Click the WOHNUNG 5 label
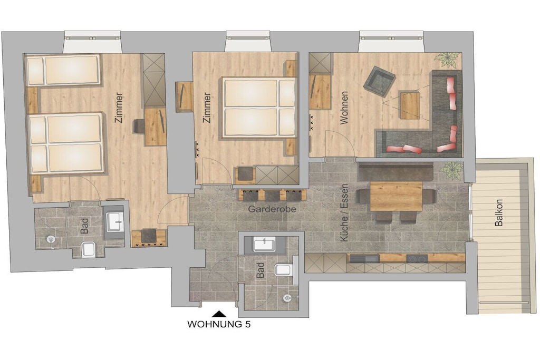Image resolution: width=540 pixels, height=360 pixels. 219,324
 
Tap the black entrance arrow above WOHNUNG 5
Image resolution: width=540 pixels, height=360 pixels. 218,314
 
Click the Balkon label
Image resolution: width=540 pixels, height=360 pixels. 499,212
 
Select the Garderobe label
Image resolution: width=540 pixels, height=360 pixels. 272,209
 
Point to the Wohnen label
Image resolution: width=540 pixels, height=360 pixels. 344,108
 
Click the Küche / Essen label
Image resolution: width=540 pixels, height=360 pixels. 344,212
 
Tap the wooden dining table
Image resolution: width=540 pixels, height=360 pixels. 396,196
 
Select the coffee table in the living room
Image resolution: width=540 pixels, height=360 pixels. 409,105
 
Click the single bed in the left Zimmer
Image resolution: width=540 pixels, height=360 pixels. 63,70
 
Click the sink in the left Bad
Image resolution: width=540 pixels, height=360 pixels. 114,222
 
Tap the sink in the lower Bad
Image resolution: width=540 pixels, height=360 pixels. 265,245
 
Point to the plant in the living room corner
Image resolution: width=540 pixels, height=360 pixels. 448,59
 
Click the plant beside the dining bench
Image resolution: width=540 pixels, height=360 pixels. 452,170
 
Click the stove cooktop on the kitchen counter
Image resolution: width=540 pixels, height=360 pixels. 417,258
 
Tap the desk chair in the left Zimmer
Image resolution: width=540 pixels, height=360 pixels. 139,125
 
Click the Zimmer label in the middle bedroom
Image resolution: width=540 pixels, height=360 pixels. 207,108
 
